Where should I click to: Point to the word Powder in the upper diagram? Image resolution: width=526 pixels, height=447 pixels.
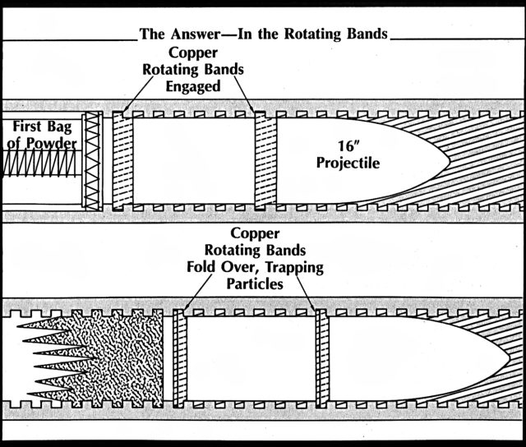click(51, 144)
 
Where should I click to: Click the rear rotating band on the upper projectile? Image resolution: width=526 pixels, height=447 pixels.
click(122, 160)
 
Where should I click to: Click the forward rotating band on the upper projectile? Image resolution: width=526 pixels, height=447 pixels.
click(265, 160)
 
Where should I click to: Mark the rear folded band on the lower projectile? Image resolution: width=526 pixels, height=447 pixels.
click(180, 359)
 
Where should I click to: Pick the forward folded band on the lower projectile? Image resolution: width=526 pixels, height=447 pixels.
click(322, 359)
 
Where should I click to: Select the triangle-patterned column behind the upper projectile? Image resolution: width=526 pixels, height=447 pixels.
click(91, 160)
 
